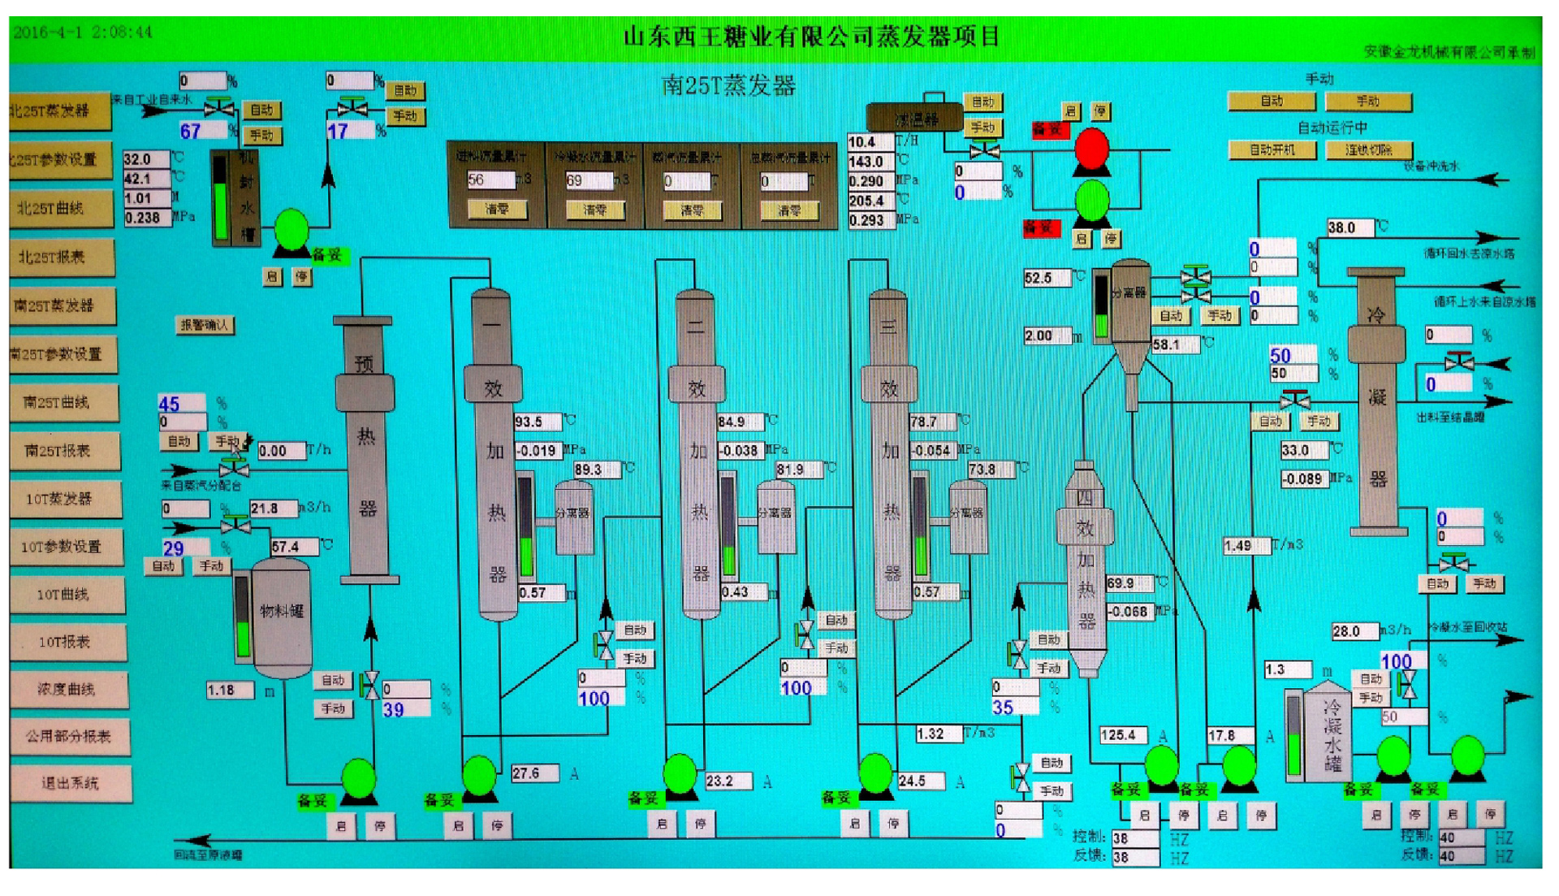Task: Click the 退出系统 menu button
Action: tap(70, 783)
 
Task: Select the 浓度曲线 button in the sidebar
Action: tap(67, 689)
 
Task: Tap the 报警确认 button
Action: tap(205, 325)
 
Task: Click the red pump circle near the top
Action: tap(1091, 149)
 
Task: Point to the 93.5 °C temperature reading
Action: tap(536, 422)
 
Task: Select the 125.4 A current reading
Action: tap(1122, 735)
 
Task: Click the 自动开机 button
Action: tap(1272, 150)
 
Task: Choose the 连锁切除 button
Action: tap(1368, 150)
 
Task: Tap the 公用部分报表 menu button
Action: tap(68, 736)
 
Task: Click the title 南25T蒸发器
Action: tap(728, 85)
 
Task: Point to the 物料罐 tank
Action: tap(281, 617)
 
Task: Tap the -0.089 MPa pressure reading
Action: tap(1303, 479)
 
